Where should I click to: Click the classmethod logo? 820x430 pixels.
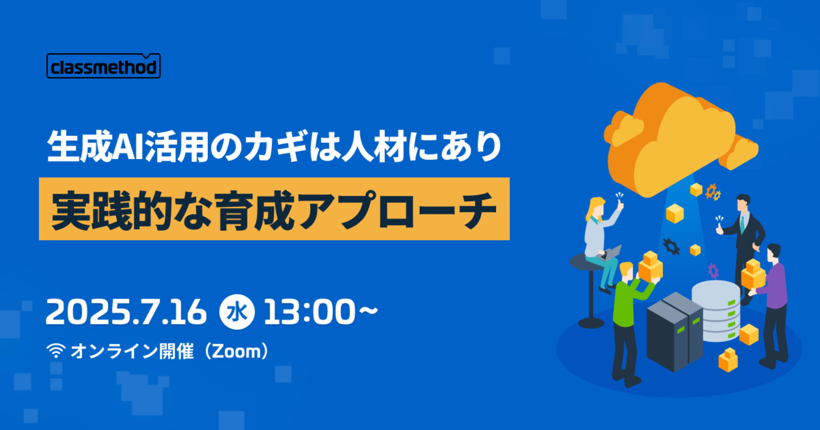[x=103, y=66]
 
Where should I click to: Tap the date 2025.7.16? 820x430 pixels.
[x=126, y=312]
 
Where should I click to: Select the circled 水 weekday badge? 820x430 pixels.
[x=237, y=312]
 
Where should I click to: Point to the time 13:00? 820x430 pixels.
[x=309, y=312]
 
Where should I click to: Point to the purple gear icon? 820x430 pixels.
[x=713, y=270]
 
